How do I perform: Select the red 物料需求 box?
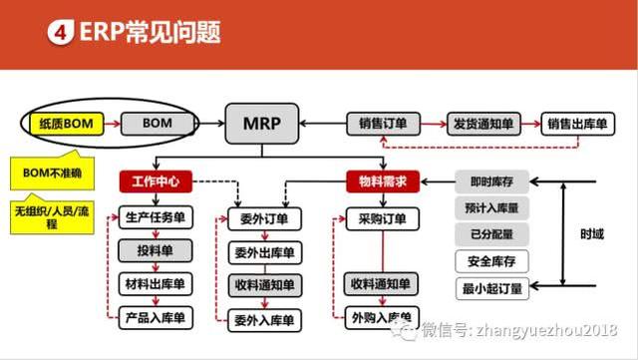coord(381,182)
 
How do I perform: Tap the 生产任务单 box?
coord(154,217)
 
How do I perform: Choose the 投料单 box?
coord(154,250)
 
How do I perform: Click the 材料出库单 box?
coord(154,284)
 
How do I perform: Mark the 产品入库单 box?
coord(154,319)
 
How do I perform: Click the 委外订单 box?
coord(264,217)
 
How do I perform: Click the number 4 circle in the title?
coord(59,33)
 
